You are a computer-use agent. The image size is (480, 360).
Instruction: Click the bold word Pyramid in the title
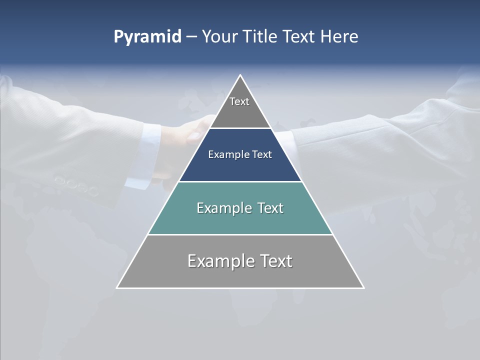pos(147,37)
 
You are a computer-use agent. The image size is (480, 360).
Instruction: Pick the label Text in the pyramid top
pos(239,101)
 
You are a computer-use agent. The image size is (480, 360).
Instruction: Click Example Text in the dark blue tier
pos(240,154)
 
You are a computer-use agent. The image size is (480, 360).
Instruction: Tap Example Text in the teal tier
pos(240,208)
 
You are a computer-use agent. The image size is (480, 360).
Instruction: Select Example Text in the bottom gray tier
pos(240,261)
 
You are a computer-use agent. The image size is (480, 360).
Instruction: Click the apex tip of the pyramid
pos(240,76)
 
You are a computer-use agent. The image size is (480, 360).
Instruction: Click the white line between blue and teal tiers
pos(240,181)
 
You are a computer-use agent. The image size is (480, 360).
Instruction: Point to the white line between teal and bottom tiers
pos(240,234)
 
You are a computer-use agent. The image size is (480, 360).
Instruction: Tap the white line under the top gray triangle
pos(240,128)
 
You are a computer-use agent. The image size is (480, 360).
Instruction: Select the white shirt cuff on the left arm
pos(147,155)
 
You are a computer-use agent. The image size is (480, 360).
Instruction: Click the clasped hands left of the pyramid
pos(192,131)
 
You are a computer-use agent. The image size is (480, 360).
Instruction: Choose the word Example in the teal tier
pos(222,208)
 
